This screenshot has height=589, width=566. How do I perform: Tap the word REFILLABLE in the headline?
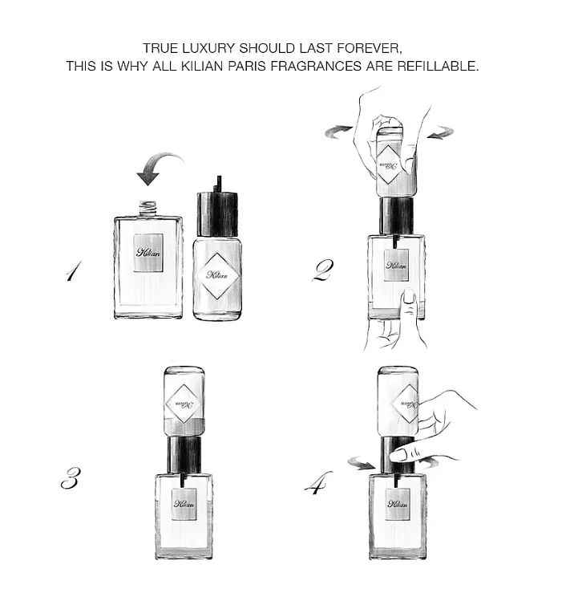pyautogui.click(x=437, y=66)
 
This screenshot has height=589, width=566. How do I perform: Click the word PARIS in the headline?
pyautogui.click(x=246, y=66)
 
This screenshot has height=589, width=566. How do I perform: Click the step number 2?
pyautogui.click(x=323, y=270)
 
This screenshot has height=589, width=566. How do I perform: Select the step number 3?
pyautogui.click(x=71, y=477)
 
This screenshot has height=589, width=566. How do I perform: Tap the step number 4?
pyautogui.click(x=318, y=483)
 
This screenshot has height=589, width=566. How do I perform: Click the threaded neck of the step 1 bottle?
pyautogui.click(x=148, y=208)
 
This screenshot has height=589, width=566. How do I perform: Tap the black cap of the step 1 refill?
pyautogui.click(x=217, y=213)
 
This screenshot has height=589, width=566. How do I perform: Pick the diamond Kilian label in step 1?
pyautogui.click(x=217, y=276)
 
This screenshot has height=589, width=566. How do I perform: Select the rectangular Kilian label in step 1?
pyautogui.click(x=148, y=253)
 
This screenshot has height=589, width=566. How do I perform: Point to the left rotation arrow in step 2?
pyautogui.click(x=339, y=132)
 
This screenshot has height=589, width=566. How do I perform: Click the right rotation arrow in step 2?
pyautogui.click(x=440, y=133)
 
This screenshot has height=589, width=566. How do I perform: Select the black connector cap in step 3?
pyautogui.click(x=184, y=455)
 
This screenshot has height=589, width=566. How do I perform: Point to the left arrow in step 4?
pyautogui.click(x=361, y=464)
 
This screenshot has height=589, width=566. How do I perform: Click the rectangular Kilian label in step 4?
pyautogui.click(x=397, y=505)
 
